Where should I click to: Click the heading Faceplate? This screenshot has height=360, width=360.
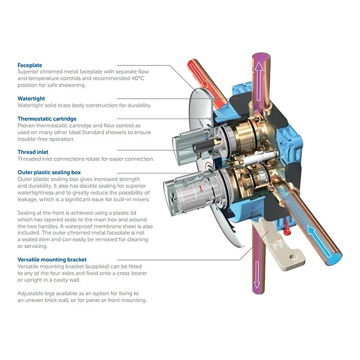pos(30,66)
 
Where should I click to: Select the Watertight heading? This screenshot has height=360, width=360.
pos(31,99)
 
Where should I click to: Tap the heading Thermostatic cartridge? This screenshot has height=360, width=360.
pos(46,119)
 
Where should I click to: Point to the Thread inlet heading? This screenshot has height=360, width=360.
pos(33,152)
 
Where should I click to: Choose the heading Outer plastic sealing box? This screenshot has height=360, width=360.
pos(49,172)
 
